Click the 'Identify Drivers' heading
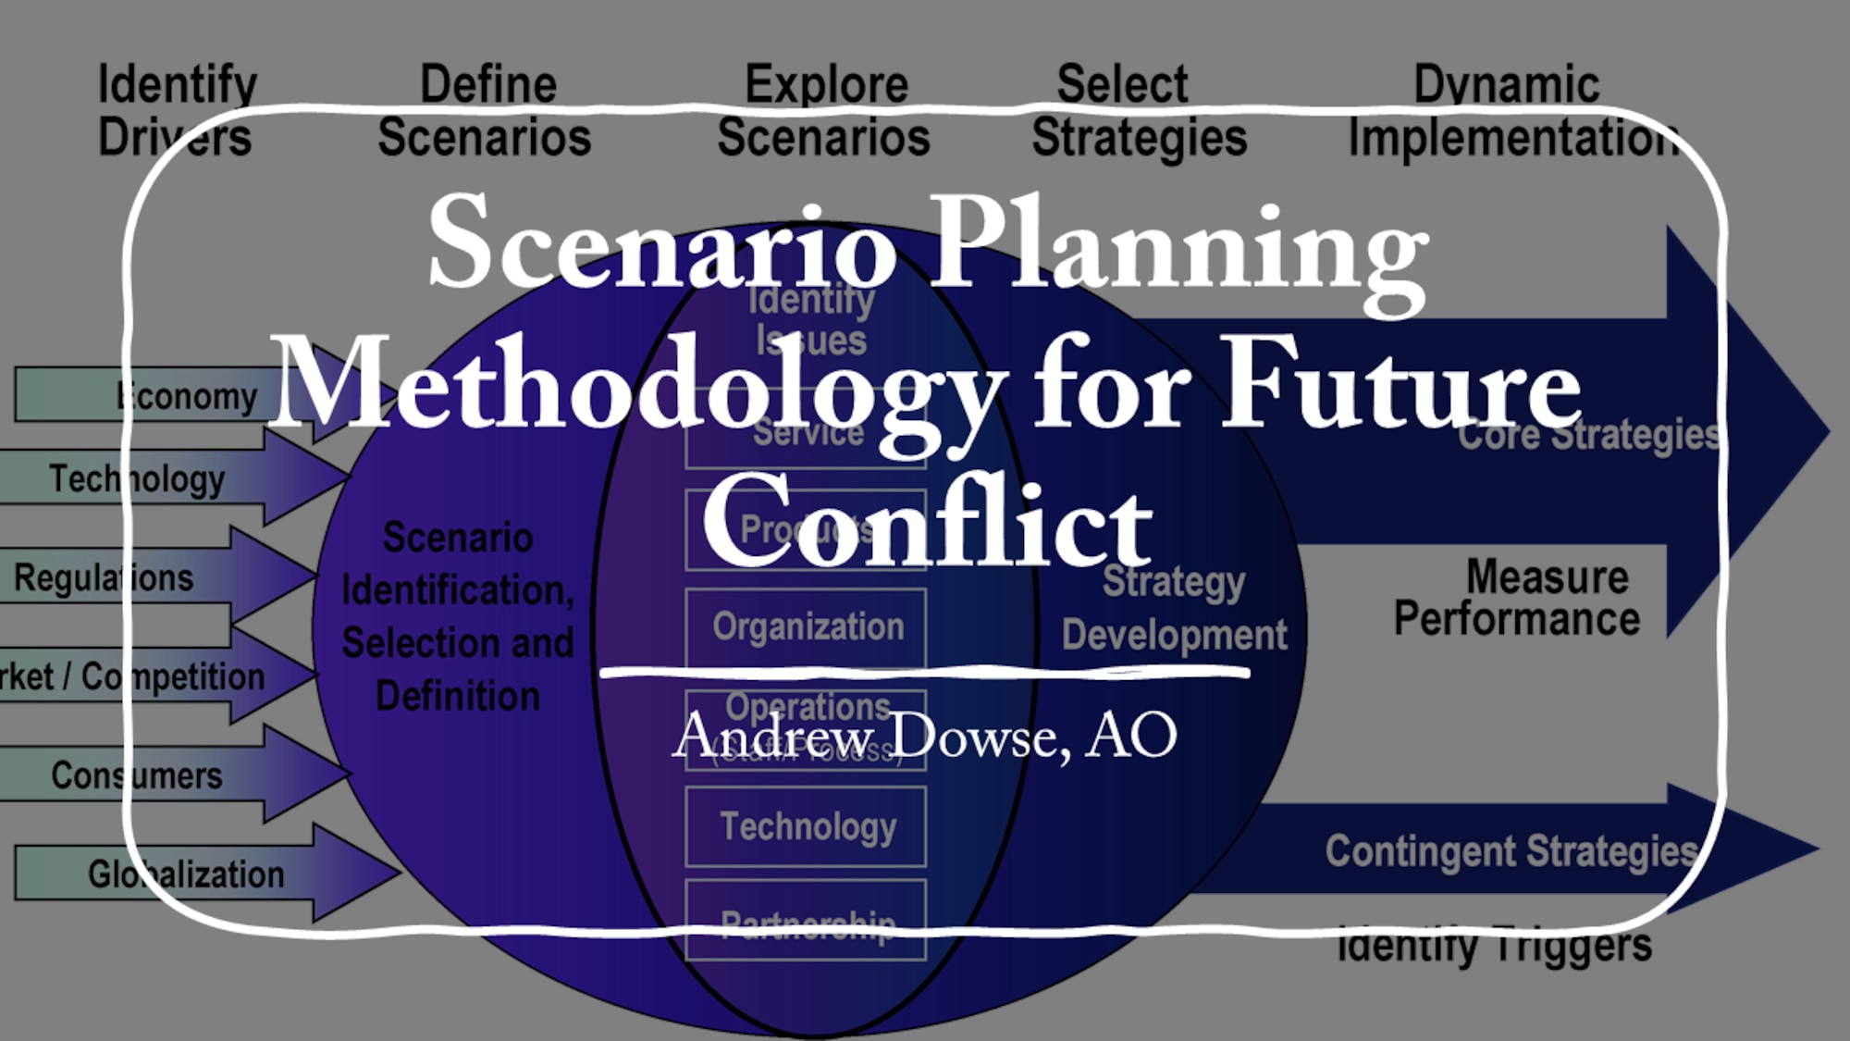click(177, 111)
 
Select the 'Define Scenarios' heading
click(485, 111)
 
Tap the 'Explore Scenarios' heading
click(824, 111)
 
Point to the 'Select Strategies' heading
click(1139, 111)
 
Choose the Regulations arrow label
click(104, 578)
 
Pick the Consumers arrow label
click(137, 775)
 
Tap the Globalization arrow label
click(186, 874)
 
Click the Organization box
click(807, 627)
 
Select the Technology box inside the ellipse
click(807, 826)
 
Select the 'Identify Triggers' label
click(1495, 946)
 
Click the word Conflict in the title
click(927, 523)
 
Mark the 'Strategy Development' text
click(1174, 608)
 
